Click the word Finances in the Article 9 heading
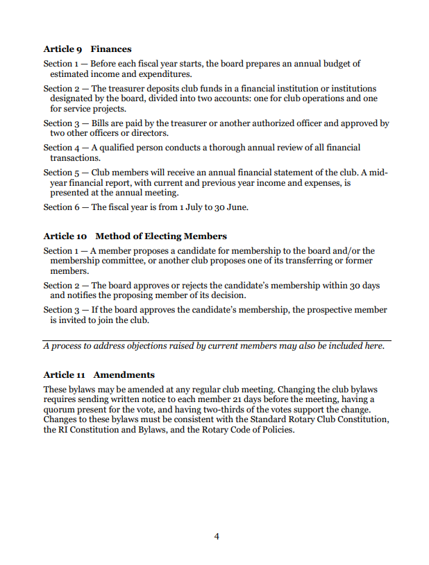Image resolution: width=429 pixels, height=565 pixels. pyautogui.click(x=111, y=49)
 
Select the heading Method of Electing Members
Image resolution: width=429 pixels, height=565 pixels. pyautogui.click(x=161, y=236)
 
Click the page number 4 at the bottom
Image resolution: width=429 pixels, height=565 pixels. pyautogui.click(x=217, y=536)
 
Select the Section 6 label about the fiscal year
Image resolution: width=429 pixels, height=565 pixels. pyautogui.click(x=58, y=207)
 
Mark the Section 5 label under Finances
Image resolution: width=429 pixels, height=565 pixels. pyautogui.click(x=58, y=173)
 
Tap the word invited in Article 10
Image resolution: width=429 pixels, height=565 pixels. pyautogui.click(x=64, y=321)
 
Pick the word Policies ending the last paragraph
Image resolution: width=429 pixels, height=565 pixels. pyautogui.click(x=278, y=430)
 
